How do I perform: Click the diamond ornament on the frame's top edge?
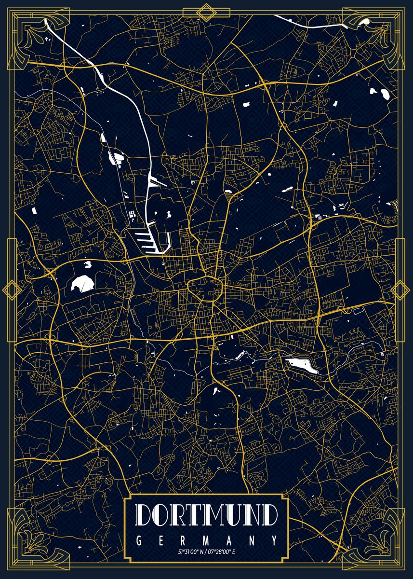point(207,12)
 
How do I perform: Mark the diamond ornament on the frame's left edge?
point(10,289)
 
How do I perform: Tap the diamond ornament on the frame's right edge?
point(400,289)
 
